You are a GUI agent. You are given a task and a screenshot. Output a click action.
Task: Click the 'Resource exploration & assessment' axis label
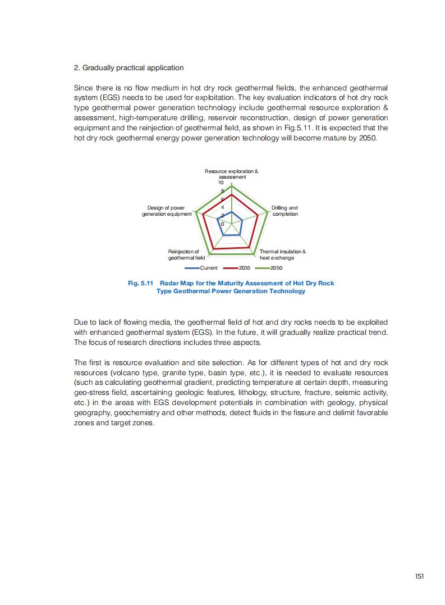[231, 174]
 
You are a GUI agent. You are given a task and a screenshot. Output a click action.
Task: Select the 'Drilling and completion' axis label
[285, 211]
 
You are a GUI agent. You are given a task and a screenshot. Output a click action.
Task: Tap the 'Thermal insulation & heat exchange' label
[282, 254]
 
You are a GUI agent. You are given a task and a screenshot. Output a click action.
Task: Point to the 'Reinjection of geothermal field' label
[183, 254]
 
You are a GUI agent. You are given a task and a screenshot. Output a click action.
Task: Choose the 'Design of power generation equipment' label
[167, 211]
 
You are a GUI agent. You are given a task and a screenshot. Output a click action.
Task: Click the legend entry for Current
[204, 268]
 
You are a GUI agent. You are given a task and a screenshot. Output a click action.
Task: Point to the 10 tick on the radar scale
[221, 183]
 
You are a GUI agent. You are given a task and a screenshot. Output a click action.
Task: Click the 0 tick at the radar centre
[222, 224]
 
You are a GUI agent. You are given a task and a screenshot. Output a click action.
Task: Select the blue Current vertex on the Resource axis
[232, 212]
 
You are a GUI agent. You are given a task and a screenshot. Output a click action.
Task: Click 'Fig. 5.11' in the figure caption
[140, 283]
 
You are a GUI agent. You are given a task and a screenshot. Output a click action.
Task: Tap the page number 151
[419, 576]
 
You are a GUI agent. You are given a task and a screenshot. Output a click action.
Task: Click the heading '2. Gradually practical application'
[129, 68]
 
